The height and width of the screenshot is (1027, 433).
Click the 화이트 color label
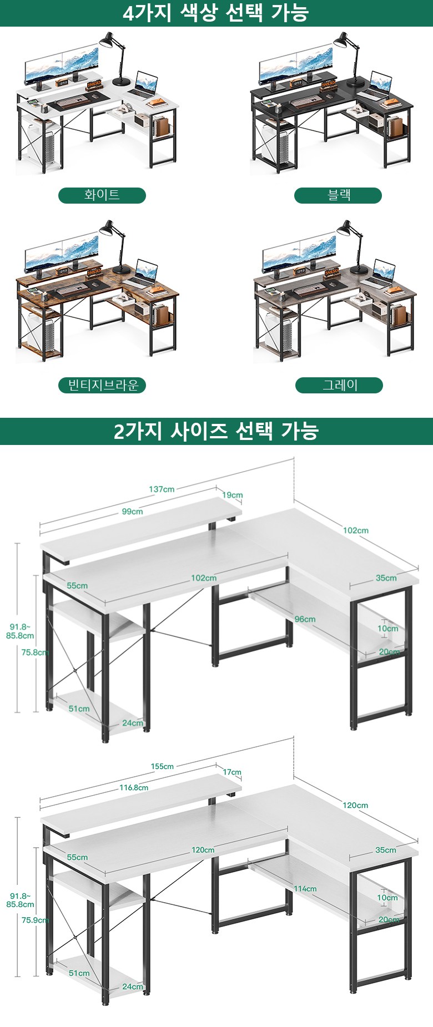pyautogui.click(x=102, y=195)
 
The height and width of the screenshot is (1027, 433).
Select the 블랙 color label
pyautogui.click(x=338, y=195)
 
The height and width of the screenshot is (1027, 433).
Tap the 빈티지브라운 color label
pyautogui.click(x=102, y=385)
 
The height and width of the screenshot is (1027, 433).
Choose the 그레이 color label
pyautogui.click(x=339, y=385)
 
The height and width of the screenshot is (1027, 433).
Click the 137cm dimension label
pyautogui.click(x=162, y=489)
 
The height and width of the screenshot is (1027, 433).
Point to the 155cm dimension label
pyautogui.click(x=162, y=766)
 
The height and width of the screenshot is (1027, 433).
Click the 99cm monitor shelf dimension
pyautogui.click(x=132, y=512)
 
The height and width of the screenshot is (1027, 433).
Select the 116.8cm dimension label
pyautogui.click(x=134, y=787)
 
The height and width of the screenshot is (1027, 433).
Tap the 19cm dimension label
pyautogui.click(x=233, y=495)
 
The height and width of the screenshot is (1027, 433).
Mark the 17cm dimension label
pyautogui.click(x=232, y=772)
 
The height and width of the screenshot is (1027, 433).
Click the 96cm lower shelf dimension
pyautogui.click(x=305, y=619)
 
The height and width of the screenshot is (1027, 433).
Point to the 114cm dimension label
pyautogui.click(x=305, y=888)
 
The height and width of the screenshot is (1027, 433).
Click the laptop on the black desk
pyautogui.click(x=380, y=85)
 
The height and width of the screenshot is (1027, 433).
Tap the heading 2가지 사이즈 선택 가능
pyautogui.click(x=216, y=431)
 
